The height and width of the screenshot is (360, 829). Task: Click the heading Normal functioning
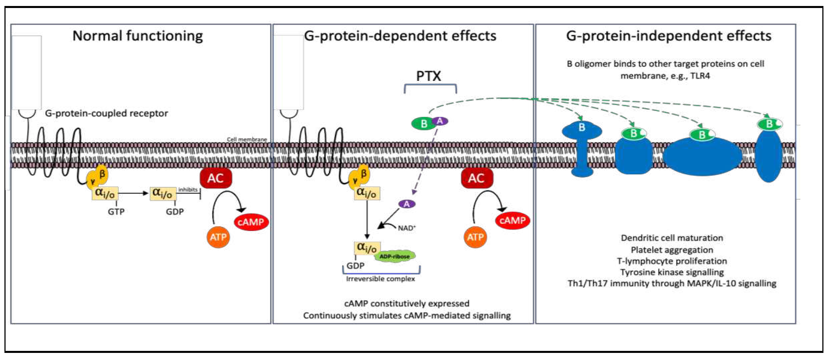coord(138,36)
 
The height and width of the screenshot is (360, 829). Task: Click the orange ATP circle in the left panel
coord(218,237)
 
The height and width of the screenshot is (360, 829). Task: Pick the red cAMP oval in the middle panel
coord(512,221)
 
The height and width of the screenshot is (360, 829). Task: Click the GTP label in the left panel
coord(116,212)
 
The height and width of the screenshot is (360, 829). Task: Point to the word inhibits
coord(188,190)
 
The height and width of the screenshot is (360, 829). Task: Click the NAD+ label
coord(407,228)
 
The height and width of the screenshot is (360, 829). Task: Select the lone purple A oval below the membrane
coord(407,204)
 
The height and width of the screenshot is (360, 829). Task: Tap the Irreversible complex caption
coord(380,279)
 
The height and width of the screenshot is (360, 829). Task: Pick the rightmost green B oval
coord(769,124)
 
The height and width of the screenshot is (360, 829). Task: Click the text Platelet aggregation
coord(672,250)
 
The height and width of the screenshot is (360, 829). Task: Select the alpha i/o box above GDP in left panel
coord(163,193)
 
